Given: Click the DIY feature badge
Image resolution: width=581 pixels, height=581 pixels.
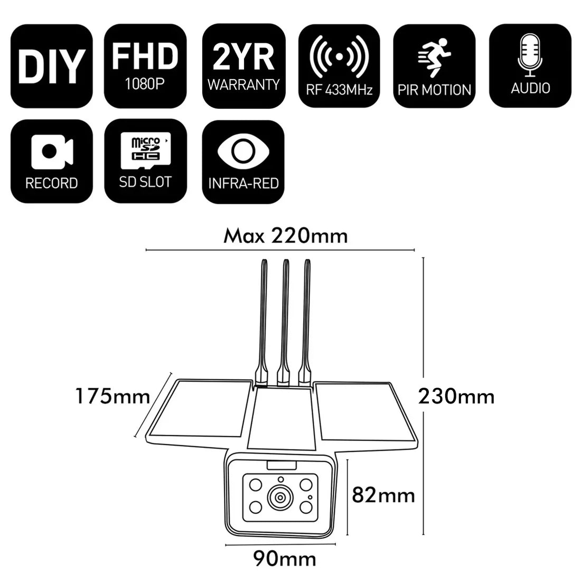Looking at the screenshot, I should (51, 65).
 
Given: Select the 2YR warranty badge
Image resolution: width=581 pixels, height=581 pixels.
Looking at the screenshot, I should (243, 65).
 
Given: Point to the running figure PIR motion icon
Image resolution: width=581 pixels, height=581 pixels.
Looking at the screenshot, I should (434, 55).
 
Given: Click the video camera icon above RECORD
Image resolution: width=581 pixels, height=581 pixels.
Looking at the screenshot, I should (51, 151).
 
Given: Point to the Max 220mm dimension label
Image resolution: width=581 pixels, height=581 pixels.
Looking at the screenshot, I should (286, 235).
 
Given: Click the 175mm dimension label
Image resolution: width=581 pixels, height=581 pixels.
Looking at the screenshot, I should (112, 396).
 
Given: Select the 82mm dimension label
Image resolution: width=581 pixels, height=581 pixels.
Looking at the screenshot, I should (383, 495).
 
